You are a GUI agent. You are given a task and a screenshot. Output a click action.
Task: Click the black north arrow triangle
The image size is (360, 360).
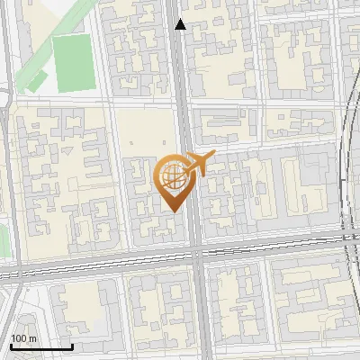[180, 24]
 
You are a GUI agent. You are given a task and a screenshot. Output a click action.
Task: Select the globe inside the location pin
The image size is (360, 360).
[173, 176]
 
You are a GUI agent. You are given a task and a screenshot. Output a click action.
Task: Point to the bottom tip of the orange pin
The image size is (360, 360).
[173, 211]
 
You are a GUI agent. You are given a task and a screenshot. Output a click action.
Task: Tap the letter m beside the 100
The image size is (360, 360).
[32, 338]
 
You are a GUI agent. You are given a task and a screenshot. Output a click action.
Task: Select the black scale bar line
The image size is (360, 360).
[40, 346]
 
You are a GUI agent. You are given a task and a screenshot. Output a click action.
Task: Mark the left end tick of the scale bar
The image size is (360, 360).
[10, 345]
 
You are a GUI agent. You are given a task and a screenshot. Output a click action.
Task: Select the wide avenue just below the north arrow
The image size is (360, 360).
[181, 54]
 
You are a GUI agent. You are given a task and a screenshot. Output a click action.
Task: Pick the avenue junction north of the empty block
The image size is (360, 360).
[183, 101]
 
